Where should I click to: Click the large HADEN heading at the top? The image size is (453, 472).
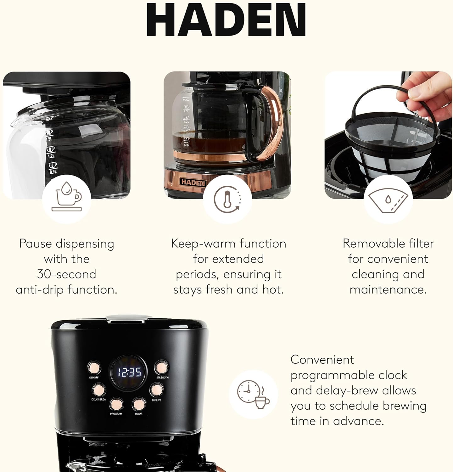[x=226, y=20]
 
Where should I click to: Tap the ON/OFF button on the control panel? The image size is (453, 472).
[x=94, y=367]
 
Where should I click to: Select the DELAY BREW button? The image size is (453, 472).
[x=98, y=390]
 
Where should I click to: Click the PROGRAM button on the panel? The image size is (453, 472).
[x=116, y=404]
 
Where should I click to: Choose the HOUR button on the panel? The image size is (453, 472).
[x=138, y=404]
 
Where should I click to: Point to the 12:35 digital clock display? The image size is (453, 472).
[x=129, y=373]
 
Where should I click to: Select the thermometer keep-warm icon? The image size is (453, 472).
[x=227, y=199]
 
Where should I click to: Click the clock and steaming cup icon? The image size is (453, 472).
[x=253, y=394]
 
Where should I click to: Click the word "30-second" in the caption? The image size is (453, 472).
[x=66, y=274]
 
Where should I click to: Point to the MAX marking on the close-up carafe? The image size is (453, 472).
[x=49, y=119]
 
